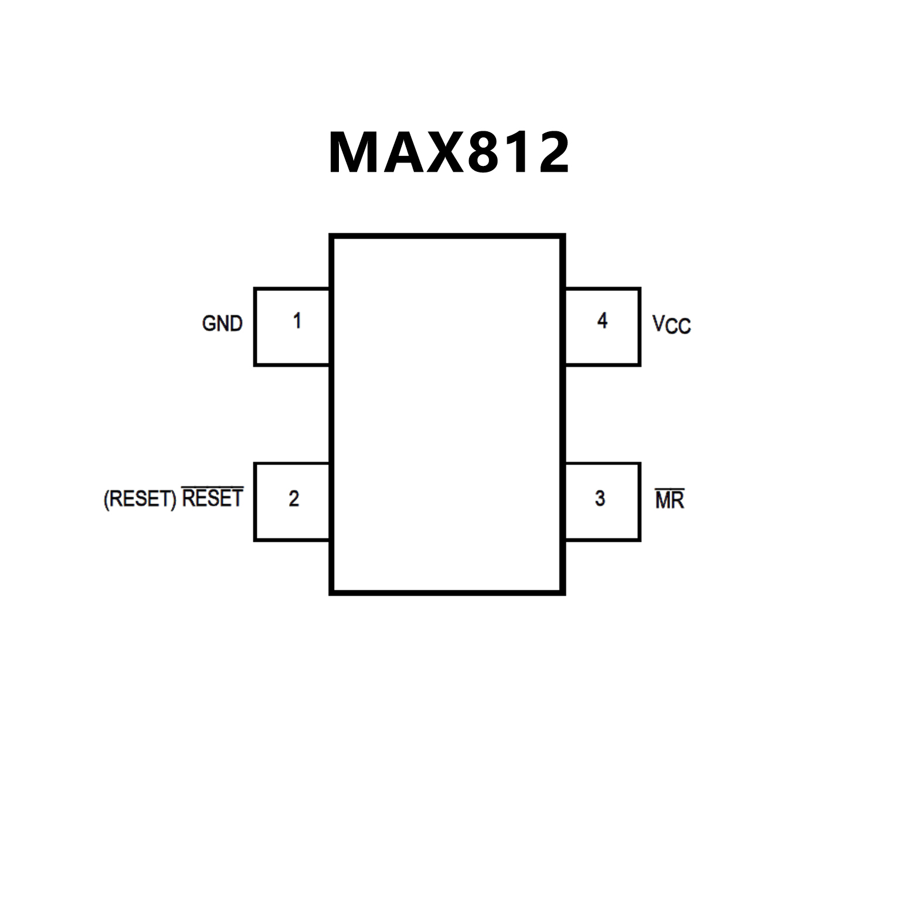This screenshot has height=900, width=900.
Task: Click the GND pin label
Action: point(222,324)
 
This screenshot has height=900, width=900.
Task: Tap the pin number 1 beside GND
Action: point(297,321)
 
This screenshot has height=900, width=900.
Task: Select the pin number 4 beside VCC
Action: point(602,321)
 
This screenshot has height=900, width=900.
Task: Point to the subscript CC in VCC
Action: point(679,327)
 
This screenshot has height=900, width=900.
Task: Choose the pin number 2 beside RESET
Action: point(294,498)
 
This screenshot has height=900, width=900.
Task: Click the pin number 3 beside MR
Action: point(600,498)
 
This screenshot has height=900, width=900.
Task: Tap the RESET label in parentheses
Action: point(140,499)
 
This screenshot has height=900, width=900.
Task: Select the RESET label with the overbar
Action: point(212,498)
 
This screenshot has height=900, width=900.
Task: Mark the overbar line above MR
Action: point(670,490)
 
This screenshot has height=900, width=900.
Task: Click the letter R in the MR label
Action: point(677,501)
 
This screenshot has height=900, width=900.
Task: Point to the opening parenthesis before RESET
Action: point(107,500)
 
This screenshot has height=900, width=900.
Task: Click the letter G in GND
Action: point(208,324)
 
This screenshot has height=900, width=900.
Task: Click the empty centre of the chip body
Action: point(447,415)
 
